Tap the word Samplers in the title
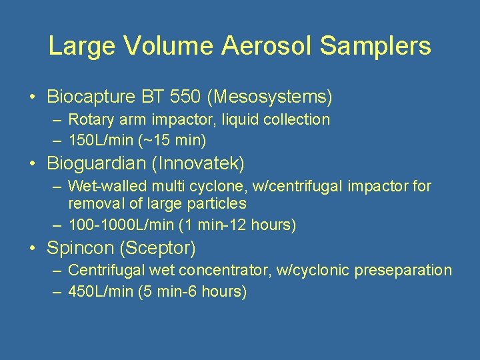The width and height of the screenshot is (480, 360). (x=375, y=46)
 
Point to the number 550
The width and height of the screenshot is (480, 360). (x=185, y=97)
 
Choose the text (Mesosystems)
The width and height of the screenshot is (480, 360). (x=269, y=97)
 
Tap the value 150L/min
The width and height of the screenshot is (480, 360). (x=99, y=140)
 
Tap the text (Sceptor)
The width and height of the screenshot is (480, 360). (x=157, y=249)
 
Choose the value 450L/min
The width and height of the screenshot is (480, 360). (x=99, y=291)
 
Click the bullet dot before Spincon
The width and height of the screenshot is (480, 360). (x=33, y=249)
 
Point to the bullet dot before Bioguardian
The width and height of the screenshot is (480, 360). (x=33, y=163)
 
